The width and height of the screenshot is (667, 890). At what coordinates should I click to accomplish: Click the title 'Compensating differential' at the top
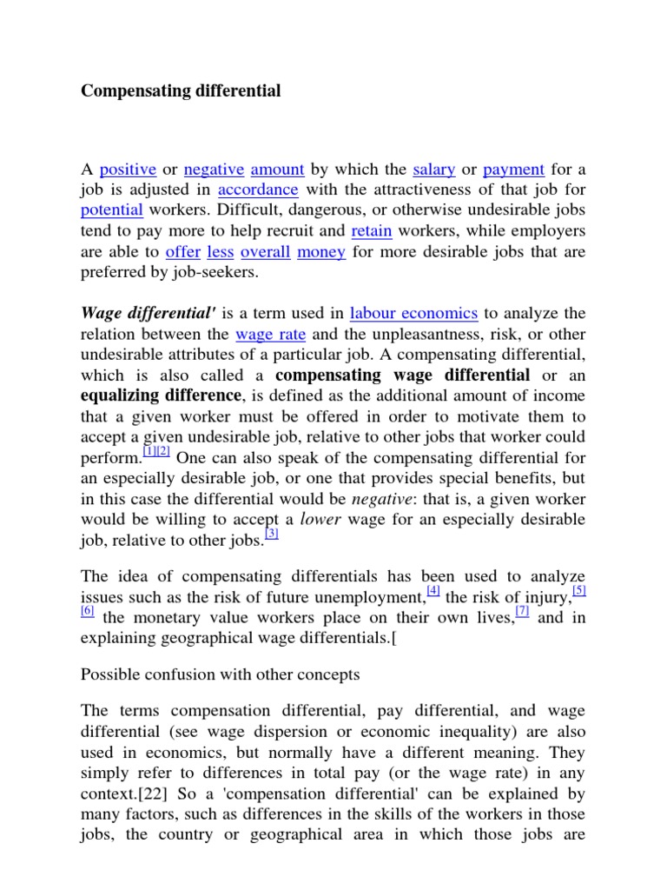tap(181, 90)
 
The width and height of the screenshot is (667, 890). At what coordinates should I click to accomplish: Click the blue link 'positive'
tap(128, 169)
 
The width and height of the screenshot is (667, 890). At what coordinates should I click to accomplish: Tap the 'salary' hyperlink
tap(434, 169)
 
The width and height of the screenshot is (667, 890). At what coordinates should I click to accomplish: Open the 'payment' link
tap(513, 169)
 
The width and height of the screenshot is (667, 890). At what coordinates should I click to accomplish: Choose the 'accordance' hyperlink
tap(258, 189)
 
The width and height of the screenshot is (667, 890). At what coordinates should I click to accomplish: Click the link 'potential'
tap(111, 210)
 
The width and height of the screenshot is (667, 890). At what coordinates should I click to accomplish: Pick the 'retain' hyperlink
tap(372, 231)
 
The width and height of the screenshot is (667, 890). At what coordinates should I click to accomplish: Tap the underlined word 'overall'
tap(265, 252)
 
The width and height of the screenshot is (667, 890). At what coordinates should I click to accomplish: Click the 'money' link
tap(321, 252)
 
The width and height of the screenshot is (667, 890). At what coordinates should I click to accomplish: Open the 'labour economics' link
tap(413, 313)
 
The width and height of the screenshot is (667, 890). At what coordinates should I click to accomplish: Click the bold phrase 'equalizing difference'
tap(159, 396)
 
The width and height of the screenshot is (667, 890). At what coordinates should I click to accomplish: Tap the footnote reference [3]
tap(271, 535)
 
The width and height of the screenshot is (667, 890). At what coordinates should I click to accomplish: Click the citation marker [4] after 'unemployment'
tap(433, 591)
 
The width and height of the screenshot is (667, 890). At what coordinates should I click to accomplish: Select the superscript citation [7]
tap(522, 612)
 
